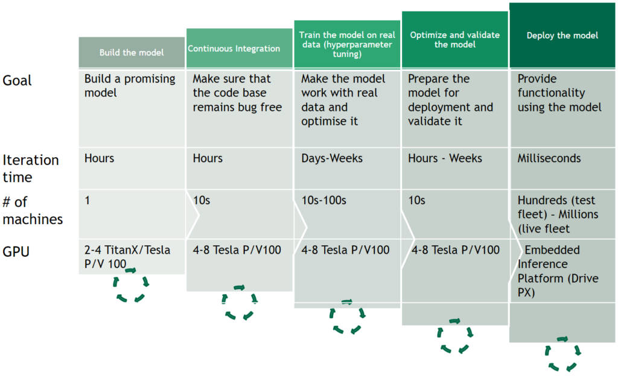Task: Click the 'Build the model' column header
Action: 132,52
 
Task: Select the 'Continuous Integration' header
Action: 239,48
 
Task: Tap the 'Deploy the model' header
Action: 562,35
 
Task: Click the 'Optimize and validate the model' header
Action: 455,39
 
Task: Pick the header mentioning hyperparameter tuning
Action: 347,44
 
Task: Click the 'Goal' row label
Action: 17,81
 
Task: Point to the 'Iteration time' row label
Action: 31,168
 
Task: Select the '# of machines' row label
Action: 33,210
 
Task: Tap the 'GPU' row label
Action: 16,252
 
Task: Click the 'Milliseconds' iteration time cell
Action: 549,158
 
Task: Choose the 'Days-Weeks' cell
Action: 332,158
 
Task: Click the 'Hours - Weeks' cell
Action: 445,158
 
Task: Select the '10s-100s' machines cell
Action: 323,200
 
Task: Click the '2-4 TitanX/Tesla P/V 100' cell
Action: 127,257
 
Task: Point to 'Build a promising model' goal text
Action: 130,86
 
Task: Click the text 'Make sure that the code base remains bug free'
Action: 237,93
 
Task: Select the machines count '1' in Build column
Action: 87,200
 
